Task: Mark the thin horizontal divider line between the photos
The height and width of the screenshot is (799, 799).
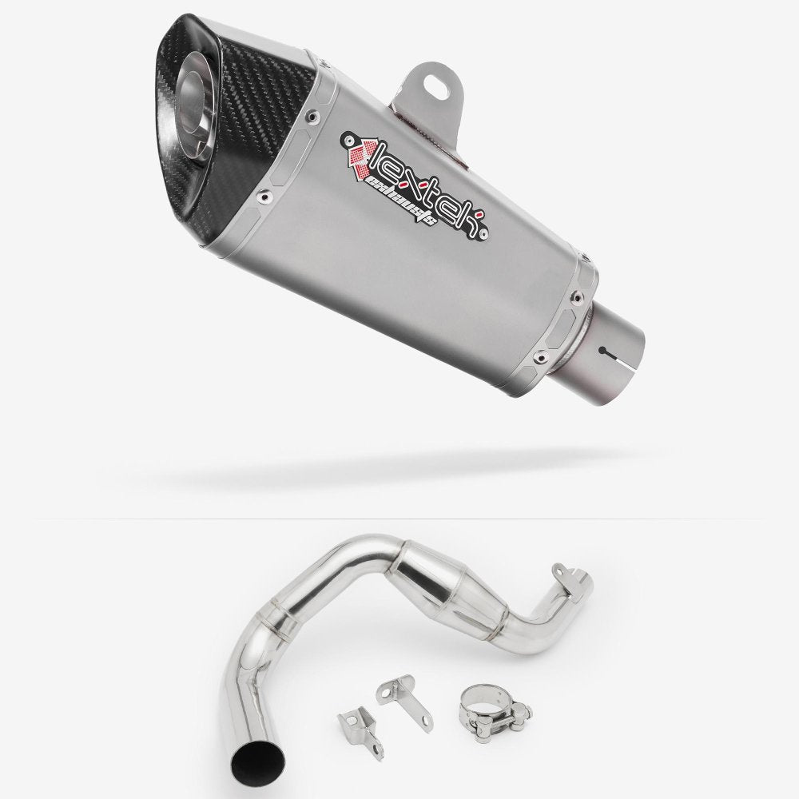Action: (x=399, y=519)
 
